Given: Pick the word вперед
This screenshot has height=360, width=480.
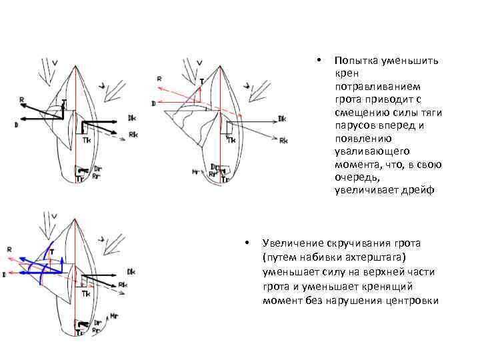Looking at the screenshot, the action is coord(395,125).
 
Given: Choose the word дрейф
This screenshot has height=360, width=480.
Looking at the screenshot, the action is coord(419,190).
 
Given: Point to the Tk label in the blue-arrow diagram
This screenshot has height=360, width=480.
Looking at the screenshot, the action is coord(85,293).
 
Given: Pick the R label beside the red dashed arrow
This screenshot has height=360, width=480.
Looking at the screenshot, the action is coord(159,79).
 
